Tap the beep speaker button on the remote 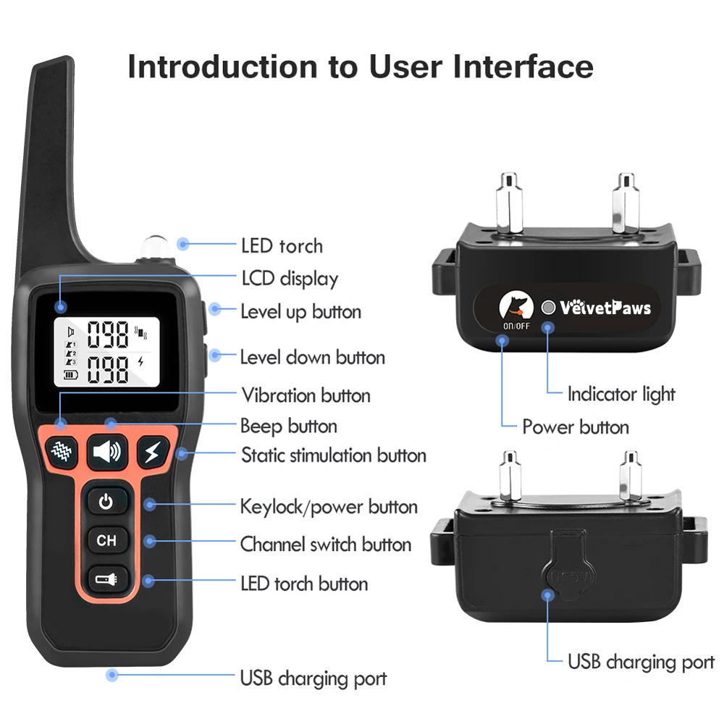pyautogui.click(x=107, y=452)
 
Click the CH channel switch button pyautogui.click(x=106, y=540)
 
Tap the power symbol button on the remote pyautogui.click(x=106, y=501)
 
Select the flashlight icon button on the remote pyautogui.click(x=106, y=578)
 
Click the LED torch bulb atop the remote pyautogui.click(x=154, y=247)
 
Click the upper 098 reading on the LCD pyautogui.click(x=108, y=335)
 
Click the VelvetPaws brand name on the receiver pyautogui.click(x=605, y=308)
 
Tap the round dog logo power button pyautogui.click(x=516, y=306)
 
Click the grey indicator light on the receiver pyautogui.click(x=550, y=308)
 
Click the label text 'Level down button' pyautogui.click(x=312, y=357)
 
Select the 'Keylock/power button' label pyautogui.click(x=329, y=506)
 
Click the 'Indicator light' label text pyautogui.click(x=620, y=394)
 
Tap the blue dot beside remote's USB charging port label pyautogui.click(x=111, y=675)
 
